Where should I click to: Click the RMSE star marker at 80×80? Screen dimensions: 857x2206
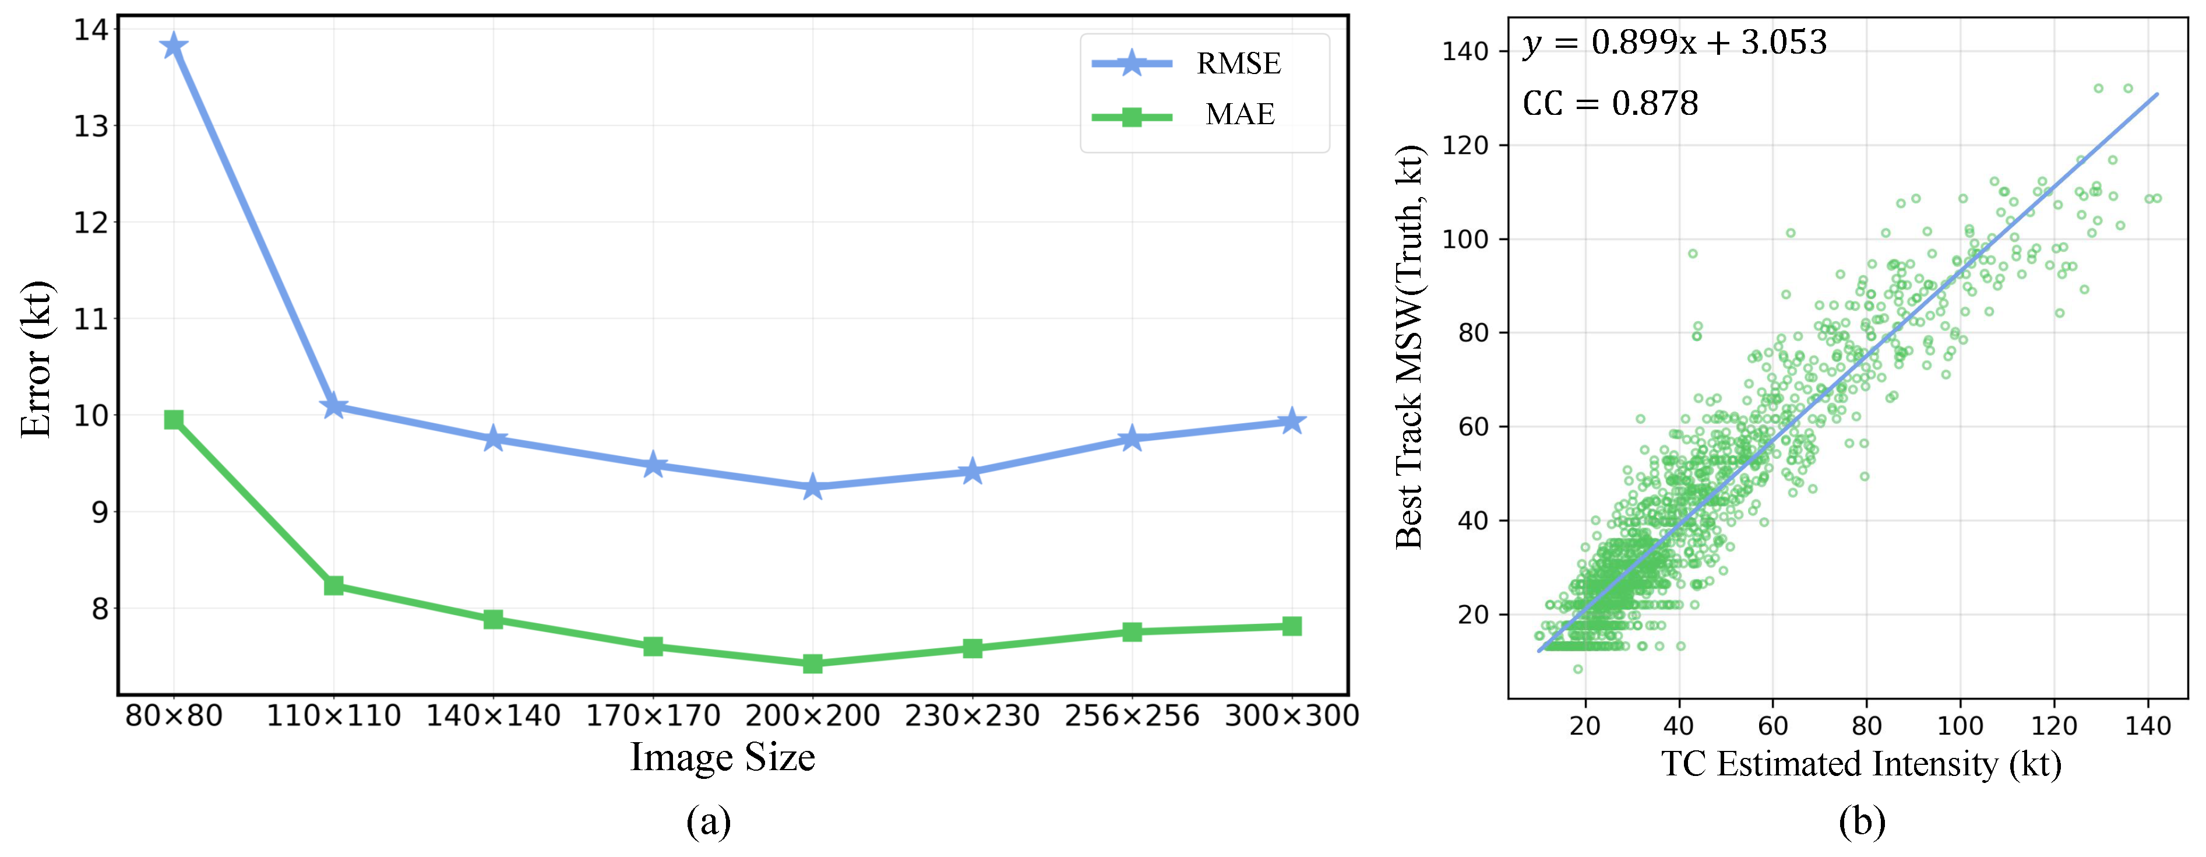(x=174, y=45)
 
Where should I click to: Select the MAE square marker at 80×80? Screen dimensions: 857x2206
(x=174, y=419)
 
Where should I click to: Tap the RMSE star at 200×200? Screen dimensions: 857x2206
(x=813, y=487)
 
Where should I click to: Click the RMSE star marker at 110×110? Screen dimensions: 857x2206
(x=334, y=406)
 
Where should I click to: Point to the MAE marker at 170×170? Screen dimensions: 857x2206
(x=653, y=646)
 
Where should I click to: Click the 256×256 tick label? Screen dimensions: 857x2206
(x=1132, y=715)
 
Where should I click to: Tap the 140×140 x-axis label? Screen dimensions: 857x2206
(x=494, y=715)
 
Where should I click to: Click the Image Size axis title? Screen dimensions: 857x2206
(x=722, y=757)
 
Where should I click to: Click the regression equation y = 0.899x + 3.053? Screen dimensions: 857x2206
(x=1674, y=42)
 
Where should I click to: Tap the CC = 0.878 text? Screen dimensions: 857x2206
(x=1610, y=104)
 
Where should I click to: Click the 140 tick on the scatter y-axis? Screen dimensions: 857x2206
(x=1465, y=51)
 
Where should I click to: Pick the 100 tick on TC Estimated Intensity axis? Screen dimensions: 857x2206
(x=1960, y=726)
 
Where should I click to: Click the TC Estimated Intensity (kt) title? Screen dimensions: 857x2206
(x=1861, y=764)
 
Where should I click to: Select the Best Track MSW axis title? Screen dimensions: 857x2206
(x=1409, y=347)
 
